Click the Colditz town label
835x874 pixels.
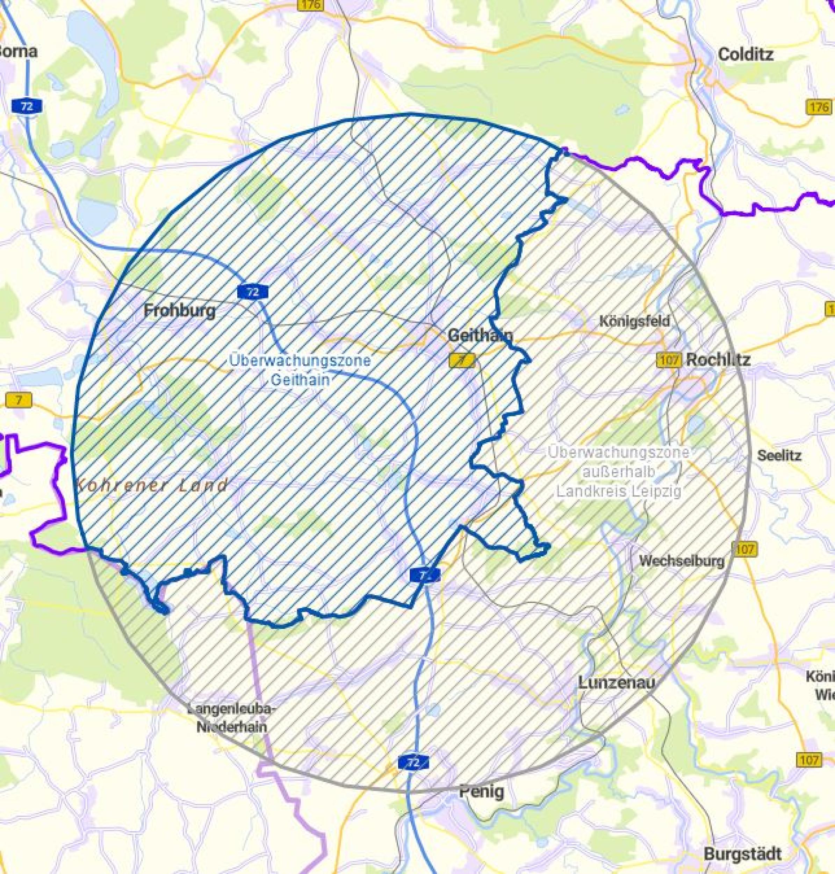pos(746,55)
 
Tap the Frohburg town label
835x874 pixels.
pos(180,310)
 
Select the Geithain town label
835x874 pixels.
pos(480,335)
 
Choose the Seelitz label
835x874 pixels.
pos(779,455)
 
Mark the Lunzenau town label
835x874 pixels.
pos(617,682)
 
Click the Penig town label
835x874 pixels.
pos(482,791)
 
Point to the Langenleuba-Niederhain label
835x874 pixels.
pos(231,717)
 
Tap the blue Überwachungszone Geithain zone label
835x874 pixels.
pos(300,370)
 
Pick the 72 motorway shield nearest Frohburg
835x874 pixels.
pos(253,292)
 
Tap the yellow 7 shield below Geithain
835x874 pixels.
pos(462,360)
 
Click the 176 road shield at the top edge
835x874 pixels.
pos(310,5)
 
